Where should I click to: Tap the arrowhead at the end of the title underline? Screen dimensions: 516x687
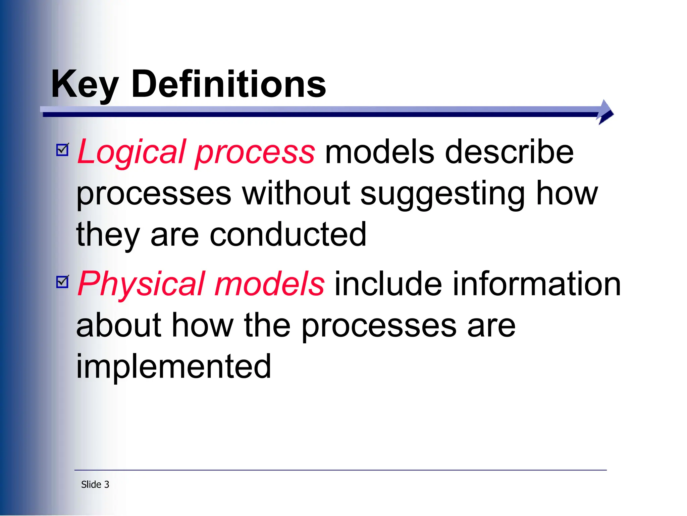605,112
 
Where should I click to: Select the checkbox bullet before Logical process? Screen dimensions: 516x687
62,150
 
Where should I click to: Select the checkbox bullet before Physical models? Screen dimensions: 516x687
62,282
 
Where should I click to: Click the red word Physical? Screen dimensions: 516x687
141,284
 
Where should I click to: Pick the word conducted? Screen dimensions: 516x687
288,234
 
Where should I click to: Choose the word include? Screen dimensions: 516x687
388,284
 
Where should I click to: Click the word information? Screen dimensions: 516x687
537,284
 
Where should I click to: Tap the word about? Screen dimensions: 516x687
119,325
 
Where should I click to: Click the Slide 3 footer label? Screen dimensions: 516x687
95,484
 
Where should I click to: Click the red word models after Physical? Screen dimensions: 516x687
269,284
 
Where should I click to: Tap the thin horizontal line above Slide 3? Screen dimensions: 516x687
340,470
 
